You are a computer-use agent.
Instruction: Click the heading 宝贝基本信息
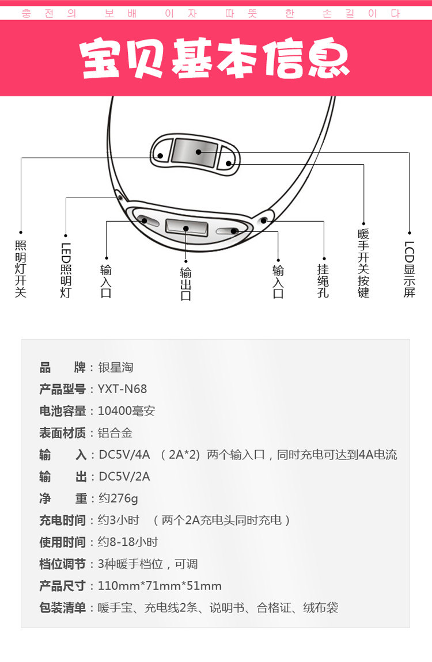click(214, 58)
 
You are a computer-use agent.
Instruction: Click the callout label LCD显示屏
click(409, 269)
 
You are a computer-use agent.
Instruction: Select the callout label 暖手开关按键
click(363, 264)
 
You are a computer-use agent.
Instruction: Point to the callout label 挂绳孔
click(323, 281)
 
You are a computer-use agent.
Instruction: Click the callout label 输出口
click(186, 284)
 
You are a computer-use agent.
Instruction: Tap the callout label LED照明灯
click(66, 270)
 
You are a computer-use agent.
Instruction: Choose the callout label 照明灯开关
click(21, 269)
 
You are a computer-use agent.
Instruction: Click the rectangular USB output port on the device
click(186, 228)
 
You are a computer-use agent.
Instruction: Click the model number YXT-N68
click(123, 389)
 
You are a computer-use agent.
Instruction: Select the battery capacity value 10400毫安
click(127, 411)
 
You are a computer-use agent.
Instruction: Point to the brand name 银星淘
click(116, 367)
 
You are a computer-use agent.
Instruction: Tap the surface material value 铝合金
click(115, 433)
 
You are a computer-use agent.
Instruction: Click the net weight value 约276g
click(118, 499)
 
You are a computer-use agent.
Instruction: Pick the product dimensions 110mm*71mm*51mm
click(160, 586)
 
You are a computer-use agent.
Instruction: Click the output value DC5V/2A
click(124, 477)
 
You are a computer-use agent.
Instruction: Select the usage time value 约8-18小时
click(128, 542)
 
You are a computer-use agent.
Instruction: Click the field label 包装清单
click(63, 608)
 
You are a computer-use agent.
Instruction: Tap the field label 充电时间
click(63, 520)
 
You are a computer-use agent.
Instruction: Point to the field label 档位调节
click(63, 564)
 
